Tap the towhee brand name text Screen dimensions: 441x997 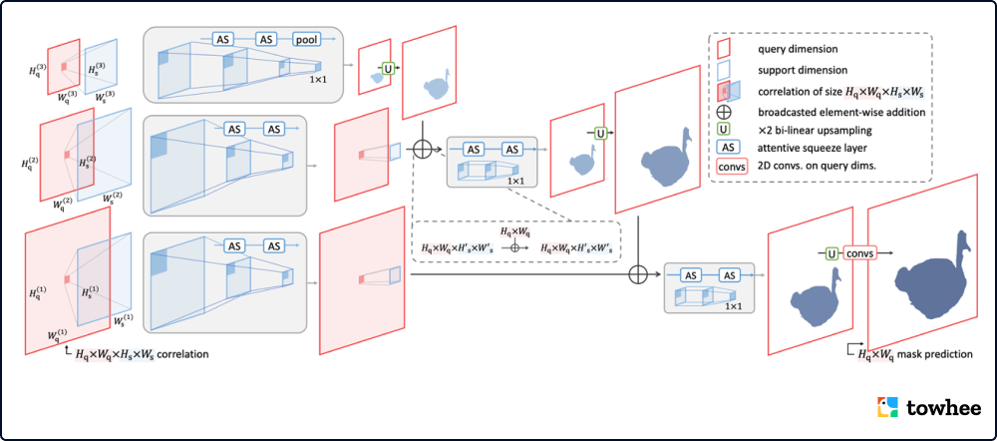[943, 408]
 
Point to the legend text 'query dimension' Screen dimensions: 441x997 [796, 48]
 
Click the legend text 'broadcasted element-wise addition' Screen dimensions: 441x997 [841, 112]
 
